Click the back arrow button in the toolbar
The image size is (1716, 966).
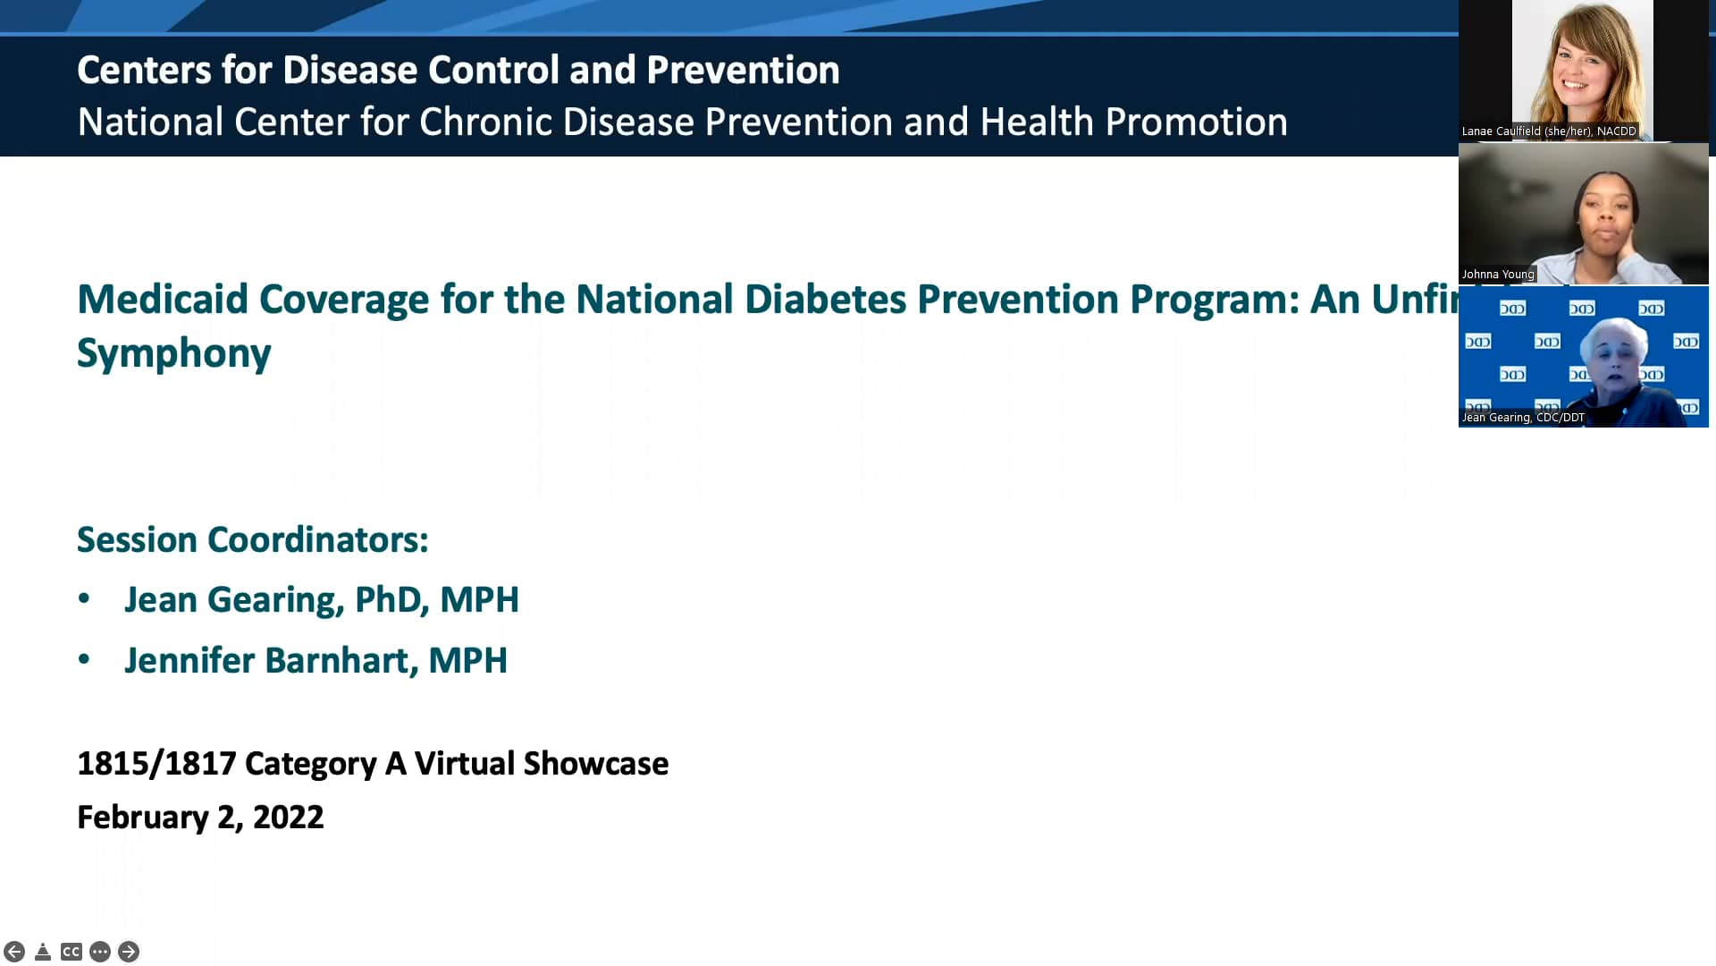(14, 952)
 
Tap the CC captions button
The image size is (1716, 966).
(71, 952)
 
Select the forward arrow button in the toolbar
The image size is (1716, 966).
(129, 952)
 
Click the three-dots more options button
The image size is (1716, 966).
(100, 952)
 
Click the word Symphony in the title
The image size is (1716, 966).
(174, 353)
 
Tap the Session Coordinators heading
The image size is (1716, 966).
(253, 540)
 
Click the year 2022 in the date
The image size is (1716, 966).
(289, 818)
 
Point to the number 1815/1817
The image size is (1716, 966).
(157, 764)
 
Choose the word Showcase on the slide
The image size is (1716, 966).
(596, 764)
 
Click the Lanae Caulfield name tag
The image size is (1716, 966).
(1549, 131)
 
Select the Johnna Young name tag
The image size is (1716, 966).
(1498, 275)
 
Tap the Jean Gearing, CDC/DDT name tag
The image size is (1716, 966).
(1523, 418)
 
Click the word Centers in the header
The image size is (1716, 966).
(144, 70)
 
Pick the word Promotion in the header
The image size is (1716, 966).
(1197, 122)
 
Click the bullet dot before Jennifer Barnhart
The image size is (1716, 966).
(84, 660)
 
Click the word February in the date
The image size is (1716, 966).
(143, 818)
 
